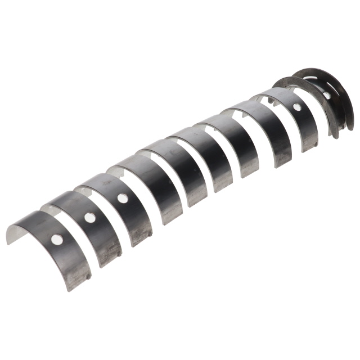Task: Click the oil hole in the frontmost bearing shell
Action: click(57, 240)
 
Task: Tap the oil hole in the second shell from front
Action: click(89, 218)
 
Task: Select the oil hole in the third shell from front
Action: click(121, 198)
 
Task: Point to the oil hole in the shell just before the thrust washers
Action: click(296, 106)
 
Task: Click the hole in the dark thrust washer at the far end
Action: click(327, 96)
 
